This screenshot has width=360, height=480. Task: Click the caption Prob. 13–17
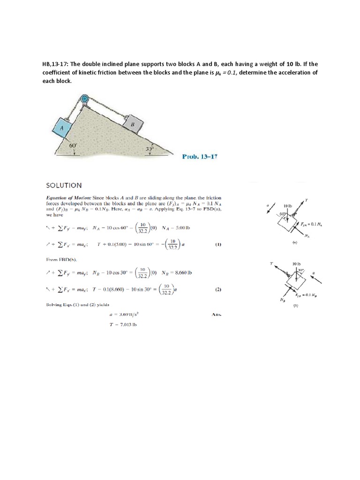199,157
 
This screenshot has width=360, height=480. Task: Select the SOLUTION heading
64,186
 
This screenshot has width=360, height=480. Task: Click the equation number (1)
218,245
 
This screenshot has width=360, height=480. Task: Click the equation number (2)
218,290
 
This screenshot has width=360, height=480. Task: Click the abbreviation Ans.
216,315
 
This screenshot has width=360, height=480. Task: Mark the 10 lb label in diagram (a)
288,206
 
